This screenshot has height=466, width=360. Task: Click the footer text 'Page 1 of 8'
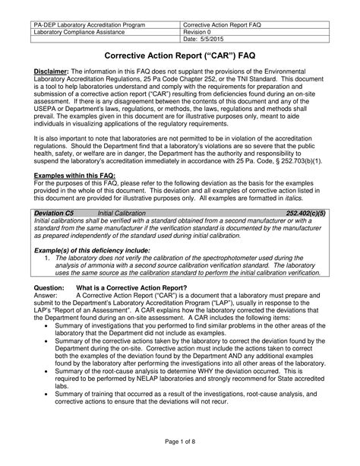[179, 442]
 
